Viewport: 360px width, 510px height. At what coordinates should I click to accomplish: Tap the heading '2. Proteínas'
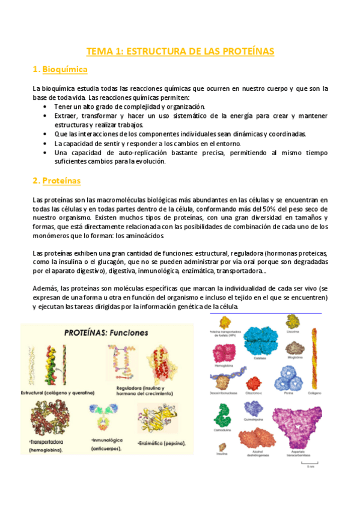(57, 180)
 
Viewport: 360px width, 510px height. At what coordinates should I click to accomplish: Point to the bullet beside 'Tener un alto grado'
(46, 106)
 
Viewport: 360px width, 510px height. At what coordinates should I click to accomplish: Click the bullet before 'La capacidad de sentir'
(46, 144)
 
